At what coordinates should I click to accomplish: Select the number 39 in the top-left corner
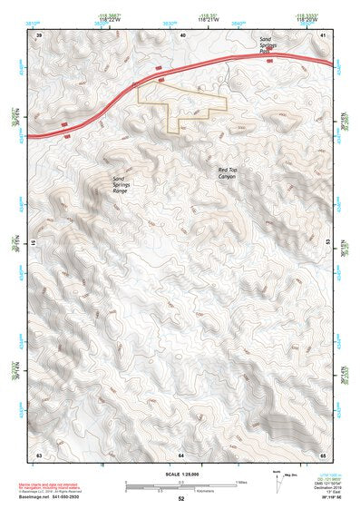point(38,34)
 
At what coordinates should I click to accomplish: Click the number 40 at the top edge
point(182,34)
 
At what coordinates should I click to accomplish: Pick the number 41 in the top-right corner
point(324,34)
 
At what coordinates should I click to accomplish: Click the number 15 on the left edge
point(34,243)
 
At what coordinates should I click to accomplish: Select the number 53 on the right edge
point(328,243)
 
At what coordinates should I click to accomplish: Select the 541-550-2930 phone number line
point(51,498)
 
